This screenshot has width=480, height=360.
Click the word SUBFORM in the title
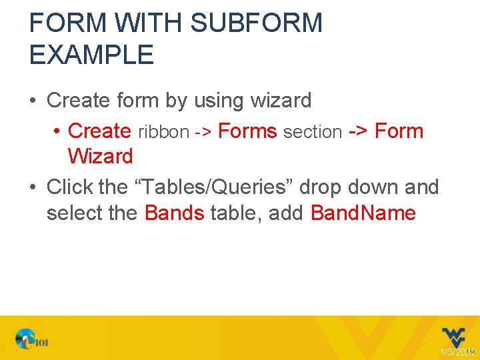[256, 24]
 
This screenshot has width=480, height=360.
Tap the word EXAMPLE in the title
[91, 55]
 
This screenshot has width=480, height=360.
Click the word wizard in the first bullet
[280, 101]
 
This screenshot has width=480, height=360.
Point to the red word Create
[99, 131]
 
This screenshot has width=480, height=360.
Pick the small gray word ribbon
[163, 132]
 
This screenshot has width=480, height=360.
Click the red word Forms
[247, 131]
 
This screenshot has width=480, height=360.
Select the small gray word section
[313, 132]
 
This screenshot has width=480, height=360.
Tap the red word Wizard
[100, 157]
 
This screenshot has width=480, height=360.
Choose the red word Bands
[174, 213]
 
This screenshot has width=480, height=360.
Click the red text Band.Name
[363, 213]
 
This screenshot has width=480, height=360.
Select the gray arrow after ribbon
[203, 132]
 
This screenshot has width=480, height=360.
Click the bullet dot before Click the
[33, 188]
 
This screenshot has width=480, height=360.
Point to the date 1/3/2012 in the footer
[457, 351]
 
